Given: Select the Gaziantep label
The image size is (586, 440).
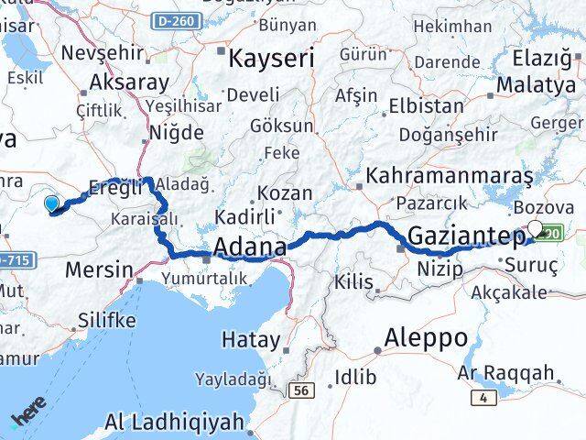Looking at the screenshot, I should tap(465, 236).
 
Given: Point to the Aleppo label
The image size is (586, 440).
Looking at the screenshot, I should tap(426, 336).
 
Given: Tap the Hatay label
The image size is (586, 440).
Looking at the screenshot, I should tap(251, 339).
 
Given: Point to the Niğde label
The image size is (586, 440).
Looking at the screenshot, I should tap(177, 132).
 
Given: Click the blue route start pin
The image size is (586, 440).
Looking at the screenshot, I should tap(51, 205).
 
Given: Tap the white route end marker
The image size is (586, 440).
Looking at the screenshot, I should tap(536, 230).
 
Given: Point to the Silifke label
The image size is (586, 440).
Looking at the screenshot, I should tap(107, 320).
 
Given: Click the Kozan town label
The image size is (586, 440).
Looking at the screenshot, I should tap(285, 193).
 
